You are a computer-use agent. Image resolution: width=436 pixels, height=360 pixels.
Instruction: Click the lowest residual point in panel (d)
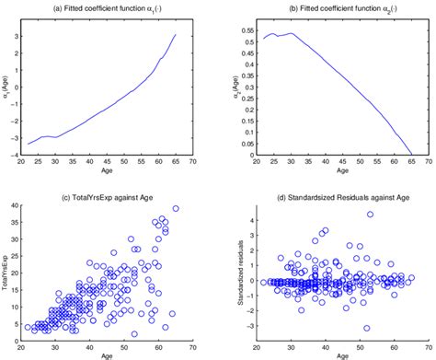pyautogui.click(x=366, y=328)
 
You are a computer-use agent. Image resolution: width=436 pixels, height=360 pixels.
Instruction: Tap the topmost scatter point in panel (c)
pyautogui.click(x=176, y=208)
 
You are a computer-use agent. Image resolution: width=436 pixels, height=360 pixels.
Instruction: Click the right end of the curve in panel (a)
pyautogui.click(x=176, y=35)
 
